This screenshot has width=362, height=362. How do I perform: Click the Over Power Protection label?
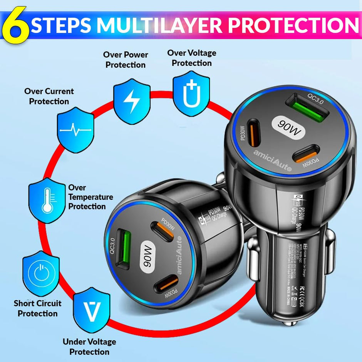pos(126,60)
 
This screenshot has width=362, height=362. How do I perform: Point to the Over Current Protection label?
pos(49,96)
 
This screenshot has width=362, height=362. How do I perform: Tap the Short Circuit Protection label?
pos(37,308)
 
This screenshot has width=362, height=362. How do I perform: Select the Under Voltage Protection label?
pos(89,347)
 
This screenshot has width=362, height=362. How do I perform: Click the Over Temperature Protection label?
pos(90,197)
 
